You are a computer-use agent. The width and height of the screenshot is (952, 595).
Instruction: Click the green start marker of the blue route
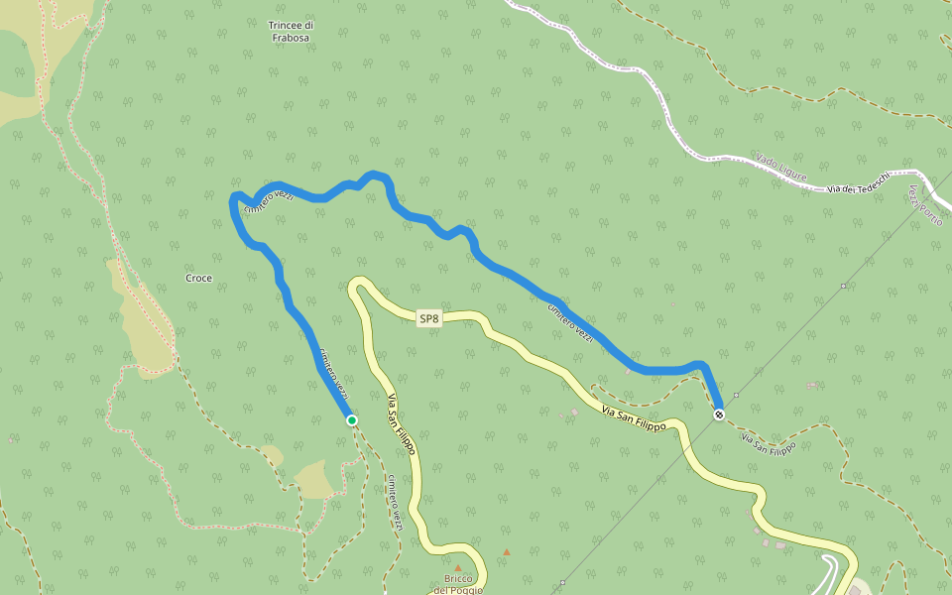pyautogui.click(x=352, y=420)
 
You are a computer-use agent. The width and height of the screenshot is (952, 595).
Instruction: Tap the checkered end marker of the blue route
pyautogui.click(x=719, y=414)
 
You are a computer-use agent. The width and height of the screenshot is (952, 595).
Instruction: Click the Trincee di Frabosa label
pyautogui.click(x=291, y=31)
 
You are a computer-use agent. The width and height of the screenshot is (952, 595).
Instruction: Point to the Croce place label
pyautogui.click(x=198, y=279)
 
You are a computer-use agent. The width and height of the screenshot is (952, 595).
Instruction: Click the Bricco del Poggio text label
pyautogui.click(x=458, y=584)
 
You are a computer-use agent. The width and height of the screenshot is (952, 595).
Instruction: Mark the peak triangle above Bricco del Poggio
pyautogui.click(x=458, y=568)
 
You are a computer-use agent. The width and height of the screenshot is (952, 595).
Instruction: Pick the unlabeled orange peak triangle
pyautogui.click(x=507, y=552)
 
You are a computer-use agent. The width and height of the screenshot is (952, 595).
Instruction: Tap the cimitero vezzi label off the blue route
pyautogui.click(x=395, y=502)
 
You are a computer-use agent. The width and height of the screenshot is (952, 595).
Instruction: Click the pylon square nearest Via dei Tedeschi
pyautogui.click(x=843, y=286)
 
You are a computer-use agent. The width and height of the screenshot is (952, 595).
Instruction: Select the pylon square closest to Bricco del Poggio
pyautogui.click(x=562, y=582)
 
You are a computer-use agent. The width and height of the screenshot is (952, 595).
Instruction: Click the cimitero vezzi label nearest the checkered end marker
pyautogui.click(x=571, y=323)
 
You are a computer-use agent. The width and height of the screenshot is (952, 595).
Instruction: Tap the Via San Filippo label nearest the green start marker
pyautogui.click(x=401, y=430)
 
